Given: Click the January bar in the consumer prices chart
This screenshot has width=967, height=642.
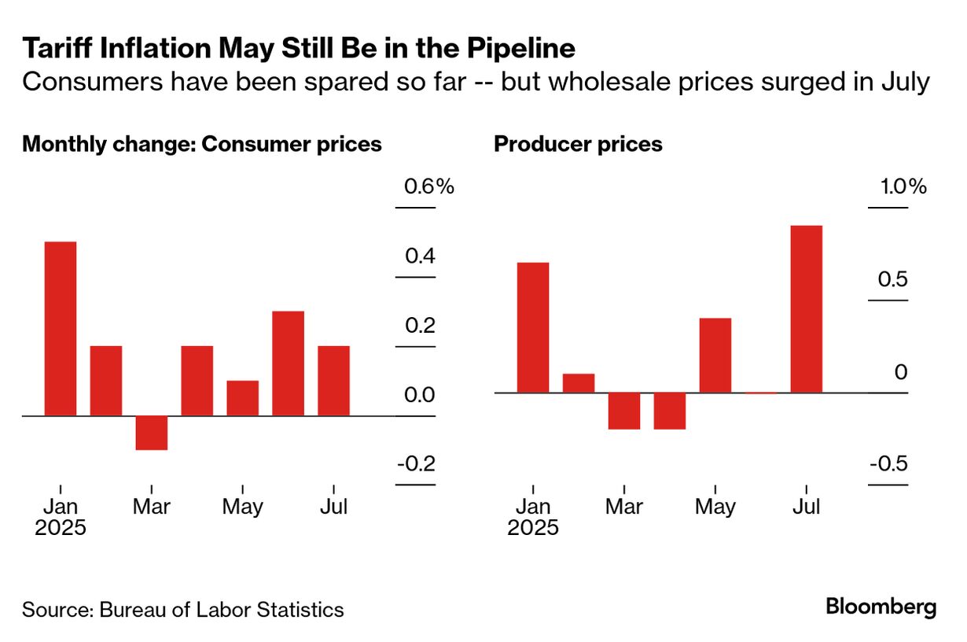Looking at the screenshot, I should pyautogui.click(x=61, y=328).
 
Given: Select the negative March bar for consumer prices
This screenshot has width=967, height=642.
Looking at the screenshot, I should pyautogui.click(x=152, y=433).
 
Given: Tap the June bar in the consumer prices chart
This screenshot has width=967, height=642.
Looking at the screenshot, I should pyautogui.click(x=289, y=363).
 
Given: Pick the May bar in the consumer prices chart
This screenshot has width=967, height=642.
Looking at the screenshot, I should pyautogui.click(x=243, y=398).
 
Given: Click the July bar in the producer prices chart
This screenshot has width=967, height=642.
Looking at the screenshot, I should pyautogui.click(x=807, y=309).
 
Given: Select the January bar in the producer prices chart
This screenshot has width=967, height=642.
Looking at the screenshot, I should pyautogui.click(x=533, y=327).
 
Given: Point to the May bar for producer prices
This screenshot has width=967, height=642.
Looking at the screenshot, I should pyautogui.click(x=715, y=355).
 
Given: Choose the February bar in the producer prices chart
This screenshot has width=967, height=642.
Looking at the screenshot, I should pyautogui.click(x=579, y=383).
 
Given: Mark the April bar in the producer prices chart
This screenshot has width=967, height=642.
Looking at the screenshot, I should pyautogui.click(x=670, y=411).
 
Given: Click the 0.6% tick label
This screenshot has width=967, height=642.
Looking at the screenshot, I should pyautogui.click(x=428, y=187).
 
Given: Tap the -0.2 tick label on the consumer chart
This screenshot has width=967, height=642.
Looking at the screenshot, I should pyautogui.click(x=416, y=464).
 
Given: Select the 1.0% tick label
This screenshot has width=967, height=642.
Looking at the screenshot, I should pyautogui.click(x=899, y=187).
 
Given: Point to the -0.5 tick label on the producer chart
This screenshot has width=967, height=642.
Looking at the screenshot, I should pyautogui.click(x=888, y=464).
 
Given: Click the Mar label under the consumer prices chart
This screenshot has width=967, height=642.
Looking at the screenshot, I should pyautogui.click(x=152, y=506).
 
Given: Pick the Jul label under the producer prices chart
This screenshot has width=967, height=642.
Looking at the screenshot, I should pyautogui.click(x=807, y=506).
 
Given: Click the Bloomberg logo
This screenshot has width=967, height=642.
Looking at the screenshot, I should pyautogui.click(x=881, y=607).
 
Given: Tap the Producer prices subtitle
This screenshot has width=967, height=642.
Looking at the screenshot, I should pyautogui.click(x=578, y=145).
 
